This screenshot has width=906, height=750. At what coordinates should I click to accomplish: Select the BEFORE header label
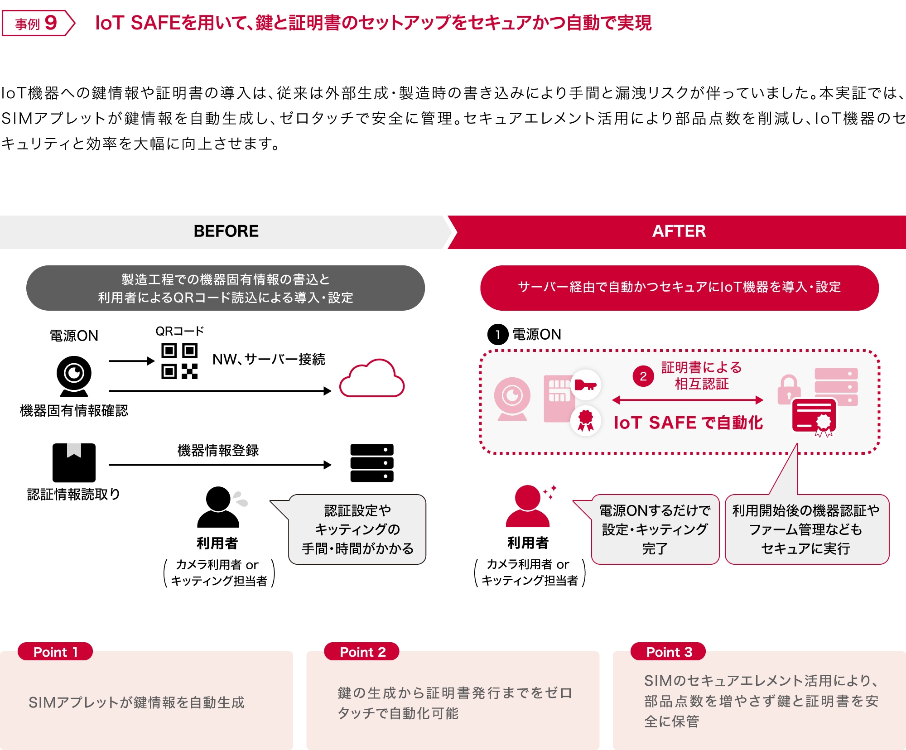click(x=226, y=231)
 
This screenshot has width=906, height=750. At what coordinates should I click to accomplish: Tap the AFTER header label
click(x=679, y=231)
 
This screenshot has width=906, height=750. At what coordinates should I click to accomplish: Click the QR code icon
click(x=179, y=361)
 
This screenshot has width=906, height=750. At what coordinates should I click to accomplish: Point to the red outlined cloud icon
click(x=372, y=379)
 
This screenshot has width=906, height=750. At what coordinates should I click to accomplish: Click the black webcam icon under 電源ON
click(x=74, y=375)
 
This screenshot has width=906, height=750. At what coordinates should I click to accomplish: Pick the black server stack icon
click(x=372, y=463)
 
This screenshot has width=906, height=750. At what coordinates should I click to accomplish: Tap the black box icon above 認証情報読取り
click(x=74, y=462)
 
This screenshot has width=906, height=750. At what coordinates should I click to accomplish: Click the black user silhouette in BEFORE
click(x=218, y=507)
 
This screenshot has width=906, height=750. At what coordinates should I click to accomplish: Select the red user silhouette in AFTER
click(x=528, y=506)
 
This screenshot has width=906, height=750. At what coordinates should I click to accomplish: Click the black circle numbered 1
click(x=498, y=335)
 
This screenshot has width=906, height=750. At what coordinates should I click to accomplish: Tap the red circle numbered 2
click(x=643, y=376)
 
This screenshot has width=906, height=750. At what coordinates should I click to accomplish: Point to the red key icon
click(x=585, y=385)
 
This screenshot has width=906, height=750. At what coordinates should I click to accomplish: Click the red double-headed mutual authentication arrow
click(x=688, y=400)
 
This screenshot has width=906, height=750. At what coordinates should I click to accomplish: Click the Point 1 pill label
click(x=55, y=652)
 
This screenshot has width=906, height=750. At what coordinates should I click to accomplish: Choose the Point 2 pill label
click(x=362, y=652)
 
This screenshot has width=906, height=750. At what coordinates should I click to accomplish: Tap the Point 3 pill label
click(x=669, y=652)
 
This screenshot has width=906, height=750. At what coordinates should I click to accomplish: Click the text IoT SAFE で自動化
click(x=688, y=423)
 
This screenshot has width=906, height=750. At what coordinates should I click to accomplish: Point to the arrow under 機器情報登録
click(x=220, y=465)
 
